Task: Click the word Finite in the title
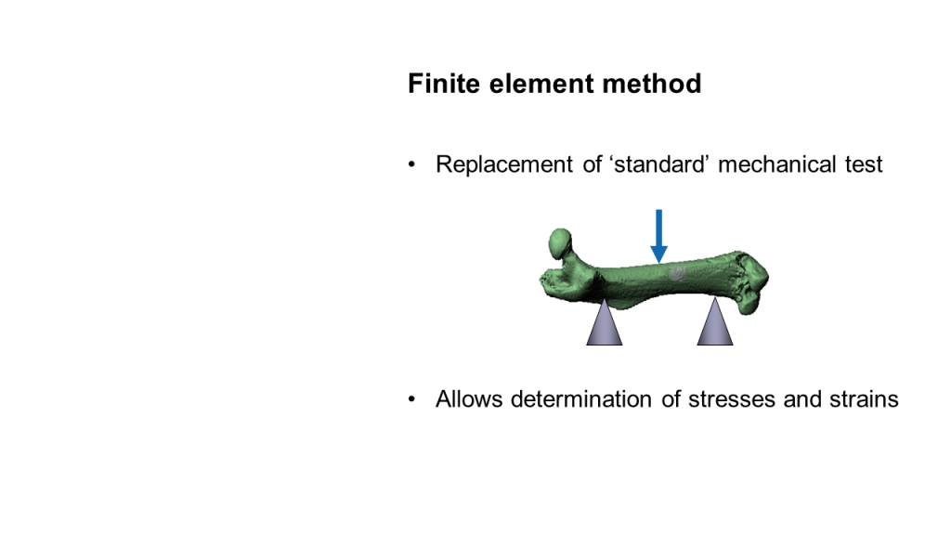point(444,84)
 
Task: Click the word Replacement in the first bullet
point(504,165)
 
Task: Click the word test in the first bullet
point(864,165)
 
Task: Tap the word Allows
point(469,399)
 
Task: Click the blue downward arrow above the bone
point(658,237)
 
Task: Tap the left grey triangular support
point(604,324)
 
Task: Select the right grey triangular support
point(715,323)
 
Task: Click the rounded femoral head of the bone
point(560,243)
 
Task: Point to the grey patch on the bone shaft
point(677,274)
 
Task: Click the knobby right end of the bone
point(751,282)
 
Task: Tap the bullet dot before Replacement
point(411,165)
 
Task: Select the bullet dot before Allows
point(411,399)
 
